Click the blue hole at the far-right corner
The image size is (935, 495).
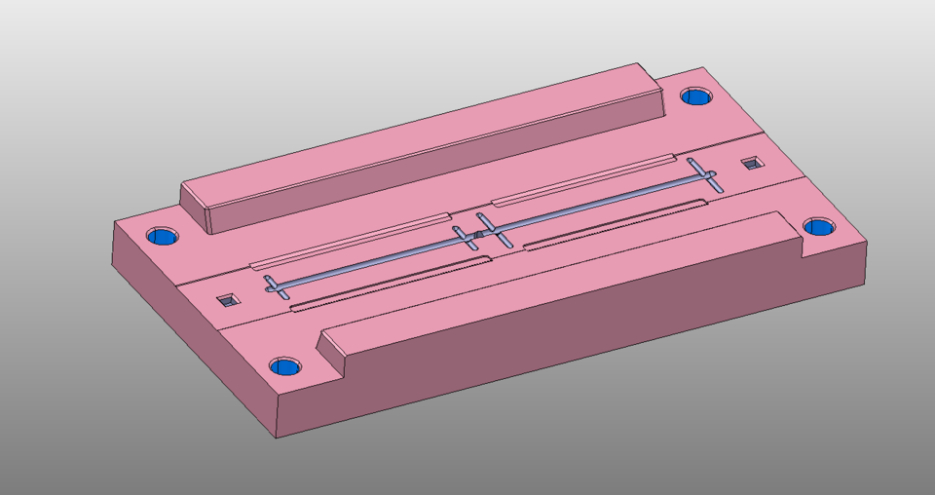pyautogui.click(x=819, y=227)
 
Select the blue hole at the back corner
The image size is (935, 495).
pyautogui.click(x=695, y=95)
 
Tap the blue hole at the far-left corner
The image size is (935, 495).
pyautogui.click(x=163, y=237)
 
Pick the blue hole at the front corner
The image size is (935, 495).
pyautogui.click(x=285, y=366)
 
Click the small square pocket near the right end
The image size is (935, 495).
pyautogui.click(x=751, y=163)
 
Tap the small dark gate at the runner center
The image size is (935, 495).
pyautogui.click(x=478, y=234)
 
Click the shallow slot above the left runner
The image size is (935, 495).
pyautogui.click(x=351, y=240)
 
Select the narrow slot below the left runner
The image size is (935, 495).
pyautogui.click(x=390, y=282)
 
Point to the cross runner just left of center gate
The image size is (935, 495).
pyautogui.click(x=465, y=238)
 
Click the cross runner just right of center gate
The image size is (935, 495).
pyautogui.click(x=490, y=228)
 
